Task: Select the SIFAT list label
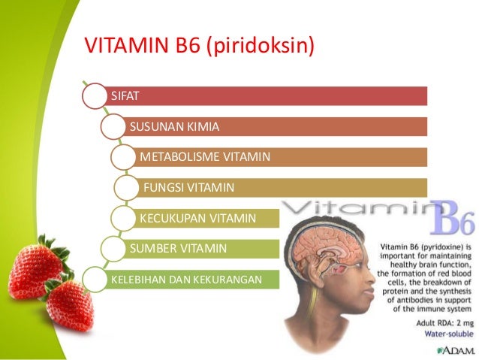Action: click(125, 96)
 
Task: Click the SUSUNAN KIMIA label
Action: click(174, 126)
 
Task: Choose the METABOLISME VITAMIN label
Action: click(204, 157)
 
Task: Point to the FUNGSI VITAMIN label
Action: click(188, 187)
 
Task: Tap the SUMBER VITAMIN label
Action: click(178, 247)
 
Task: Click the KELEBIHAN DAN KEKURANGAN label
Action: click(185, 280)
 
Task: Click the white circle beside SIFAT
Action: click(94, 96)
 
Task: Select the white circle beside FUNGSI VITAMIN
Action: click(127, 187)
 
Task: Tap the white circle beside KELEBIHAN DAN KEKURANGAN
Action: click(95, 280)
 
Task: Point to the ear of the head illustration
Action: click(323, 279)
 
